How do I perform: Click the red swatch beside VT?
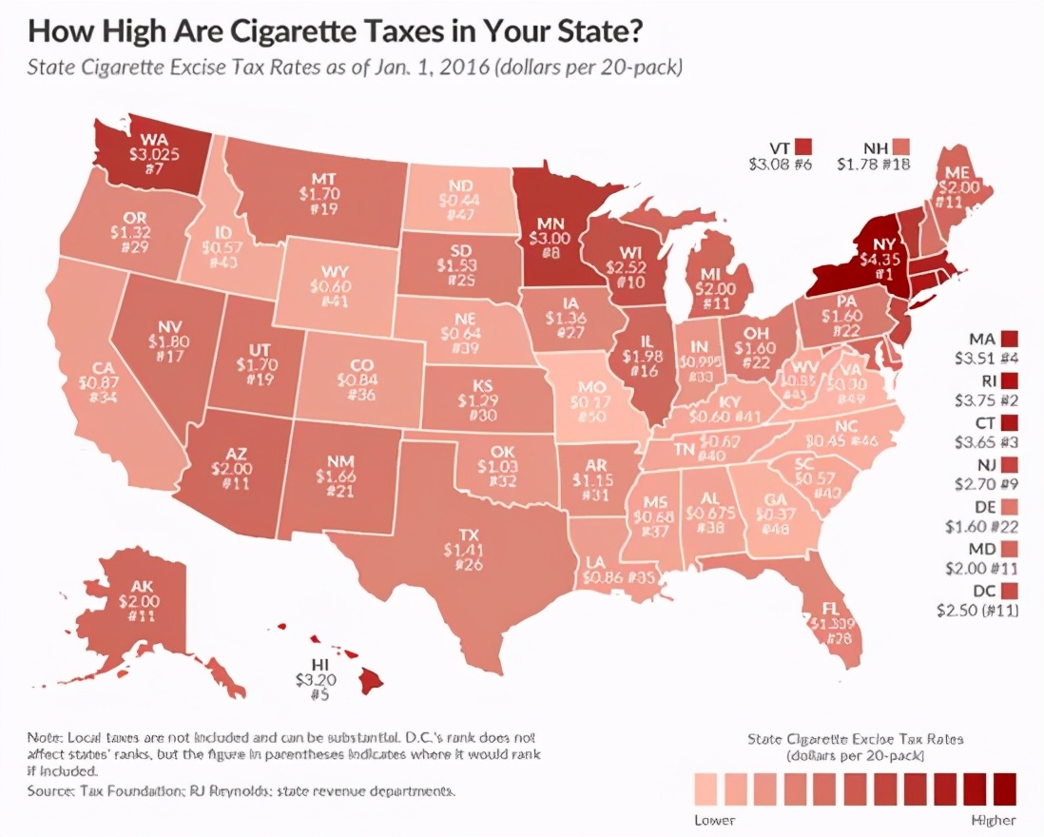coord(804,147)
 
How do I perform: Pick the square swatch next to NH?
coord(900,147)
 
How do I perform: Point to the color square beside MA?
coord(1010,338)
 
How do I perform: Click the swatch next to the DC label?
coord(1010,591)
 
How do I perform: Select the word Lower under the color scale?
coord(714,820)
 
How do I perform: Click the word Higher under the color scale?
coord(994,820)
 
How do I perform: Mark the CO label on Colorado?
coord(362,365)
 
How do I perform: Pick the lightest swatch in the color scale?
coord(706,788)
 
